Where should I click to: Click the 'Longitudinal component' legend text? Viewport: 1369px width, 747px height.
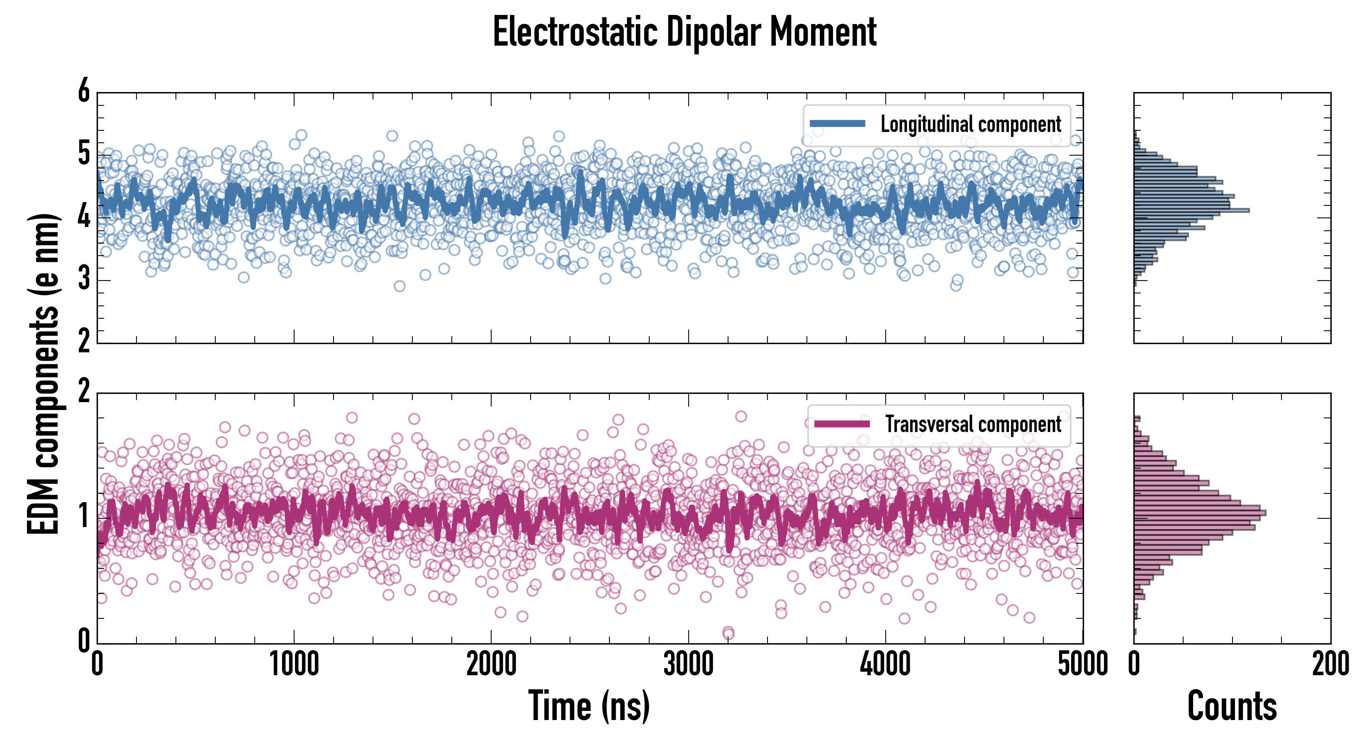970,124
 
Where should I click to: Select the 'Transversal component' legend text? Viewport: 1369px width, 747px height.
972,424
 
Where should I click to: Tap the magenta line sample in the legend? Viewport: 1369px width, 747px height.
842,424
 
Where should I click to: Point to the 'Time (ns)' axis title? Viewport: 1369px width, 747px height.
589,706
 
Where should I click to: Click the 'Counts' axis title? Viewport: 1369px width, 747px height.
1232,706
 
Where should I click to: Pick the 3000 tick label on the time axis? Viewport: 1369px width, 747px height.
689,664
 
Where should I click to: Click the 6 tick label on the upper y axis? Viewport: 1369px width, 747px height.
84,91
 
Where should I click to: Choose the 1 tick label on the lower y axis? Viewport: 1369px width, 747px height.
84,516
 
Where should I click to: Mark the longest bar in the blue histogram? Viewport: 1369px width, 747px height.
1191,210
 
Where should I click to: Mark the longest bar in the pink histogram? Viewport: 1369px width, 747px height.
1199,513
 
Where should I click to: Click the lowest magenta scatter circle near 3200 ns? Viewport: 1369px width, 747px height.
728,633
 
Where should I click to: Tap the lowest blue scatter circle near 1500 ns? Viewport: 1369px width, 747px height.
399,286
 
